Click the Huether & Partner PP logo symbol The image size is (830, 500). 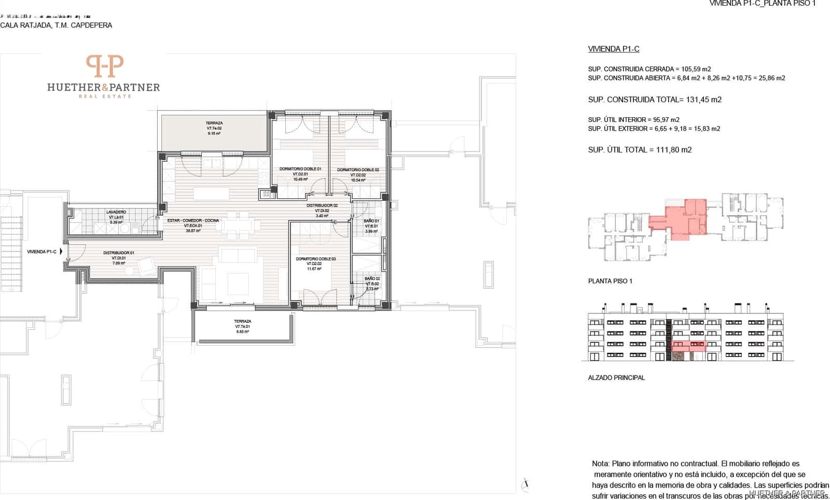[x=104, y=66]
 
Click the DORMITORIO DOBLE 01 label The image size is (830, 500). [x=300, y=169]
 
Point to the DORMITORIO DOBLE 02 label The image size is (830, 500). [x=358, y=170]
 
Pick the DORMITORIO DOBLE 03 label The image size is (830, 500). [x=315, y=259]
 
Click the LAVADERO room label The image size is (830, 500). [x=116, y=212]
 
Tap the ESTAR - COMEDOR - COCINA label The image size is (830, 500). [x=193, y=220]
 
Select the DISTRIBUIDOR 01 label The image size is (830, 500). [x=119, y=253]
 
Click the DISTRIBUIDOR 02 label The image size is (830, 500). [x=322, y=205]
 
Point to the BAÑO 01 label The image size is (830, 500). [x=371, y=221]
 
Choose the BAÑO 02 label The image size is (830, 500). [x=372, y=279]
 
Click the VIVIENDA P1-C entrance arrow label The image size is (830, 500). [x=42, y=252]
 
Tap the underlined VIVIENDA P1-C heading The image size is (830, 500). [x=613, y=49]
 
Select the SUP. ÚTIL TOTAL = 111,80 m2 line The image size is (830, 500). [x=640, y=150]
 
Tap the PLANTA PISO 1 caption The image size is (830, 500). [x=610, y=281]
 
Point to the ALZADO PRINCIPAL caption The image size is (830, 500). [x=616, y=378]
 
